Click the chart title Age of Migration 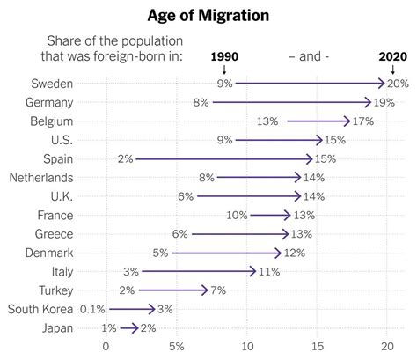pyautogui.click(x=208, y=16)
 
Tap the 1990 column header pyautogui.click(x=224, y=55)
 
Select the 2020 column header pyautogui.click(x=388, y=55)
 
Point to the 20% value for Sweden pyautogui.click(x=398, y=84)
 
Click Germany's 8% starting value pyautogui.click(x=200, y=102)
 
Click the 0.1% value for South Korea pyautogui.click(x=92, y=309)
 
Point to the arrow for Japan pyautogui.click(x=129, y=327)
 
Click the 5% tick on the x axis pyautogui.click(x=176, y=346)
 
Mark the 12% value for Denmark pyautogui.click(x=296, y=253)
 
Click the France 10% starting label pyautogui.click(x=236, y=215)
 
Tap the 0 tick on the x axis pyautogui.click(x=106, y=346)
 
